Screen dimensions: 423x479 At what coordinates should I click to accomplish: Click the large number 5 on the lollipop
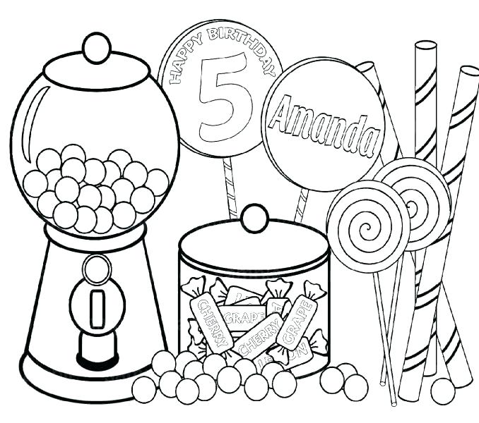[x=219, y=99]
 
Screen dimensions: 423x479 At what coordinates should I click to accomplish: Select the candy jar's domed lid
[x=254, y=243]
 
